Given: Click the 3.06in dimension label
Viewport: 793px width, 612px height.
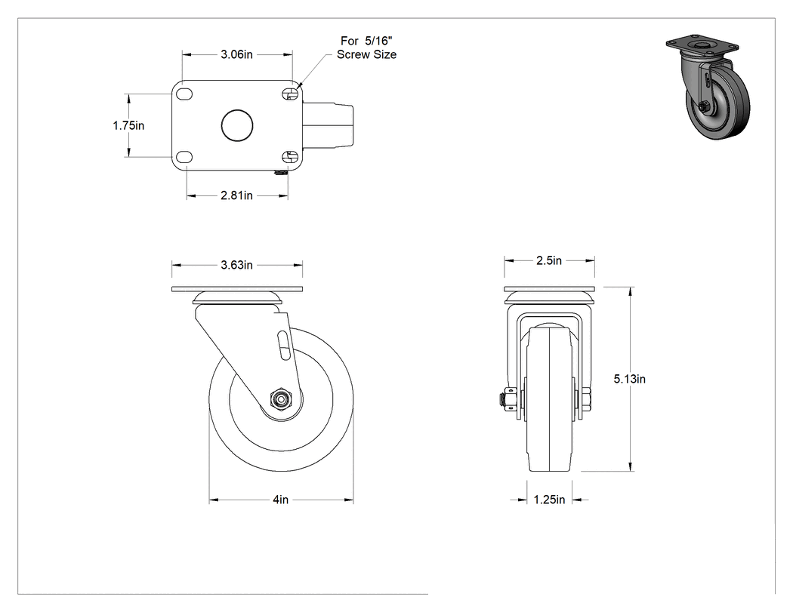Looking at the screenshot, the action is (x=236, y=54).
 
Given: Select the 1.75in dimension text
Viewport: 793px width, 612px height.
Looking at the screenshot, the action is (x=128, y=125).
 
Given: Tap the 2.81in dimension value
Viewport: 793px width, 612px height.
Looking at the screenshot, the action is (x=236, y=195).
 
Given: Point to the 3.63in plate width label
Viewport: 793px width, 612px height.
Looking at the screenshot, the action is (x=236, y=265).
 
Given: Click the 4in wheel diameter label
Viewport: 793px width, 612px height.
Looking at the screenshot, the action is (x=281, y=500).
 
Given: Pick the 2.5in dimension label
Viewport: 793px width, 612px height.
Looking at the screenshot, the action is (x=549, y=260).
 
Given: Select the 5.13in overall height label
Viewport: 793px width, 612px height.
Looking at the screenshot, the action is (x=630, y=379).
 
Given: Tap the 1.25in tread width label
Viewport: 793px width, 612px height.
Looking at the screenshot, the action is (x=549, y=500).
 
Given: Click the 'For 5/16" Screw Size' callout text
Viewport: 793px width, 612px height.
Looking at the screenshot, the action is (x=366, y=48).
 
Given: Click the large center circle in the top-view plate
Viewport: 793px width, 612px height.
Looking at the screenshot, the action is (x=237, y=125).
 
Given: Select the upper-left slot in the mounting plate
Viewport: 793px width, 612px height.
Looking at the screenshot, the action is (x=184, y=94).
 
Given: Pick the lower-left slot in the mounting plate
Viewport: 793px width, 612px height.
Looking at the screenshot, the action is (x=184, y=157).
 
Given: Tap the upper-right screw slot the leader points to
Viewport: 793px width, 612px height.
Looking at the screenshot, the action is (x=290, y=94).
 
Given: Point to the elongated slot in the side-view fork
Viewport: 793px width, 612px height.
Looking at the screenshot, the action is (x=284, y=345).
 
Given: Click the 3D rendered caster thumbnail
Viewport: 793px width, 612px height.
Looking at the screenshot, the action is (x=708, y=88).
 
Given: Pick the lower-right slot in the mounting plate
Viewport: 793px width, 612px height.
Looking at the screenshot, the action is (x=290, y=157).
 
